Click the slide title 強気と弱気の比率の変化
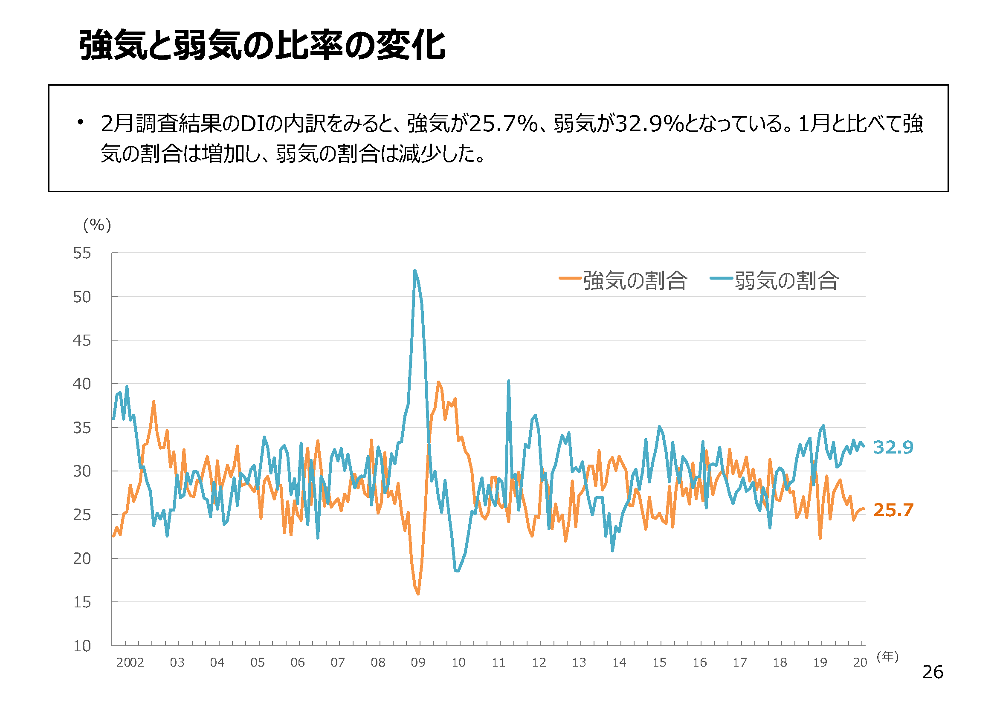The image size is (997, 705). [262, 45]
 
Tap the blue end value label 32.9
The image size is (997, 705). [893, 447]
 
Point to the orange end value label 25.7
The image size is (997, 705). [893, 510]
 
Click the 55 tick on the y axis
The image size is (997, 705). [82, 253]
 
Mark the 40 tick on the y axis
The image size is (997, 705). [82, 384]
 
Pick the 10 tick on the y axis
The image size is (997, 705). [82, 646]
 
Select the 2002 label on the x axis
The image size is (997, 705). [130, 662]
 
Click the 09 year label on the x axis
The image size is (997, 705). [418, 662]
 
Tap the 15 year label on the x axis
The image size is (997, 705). [659, 662]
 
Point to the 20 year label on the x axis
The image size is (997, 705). [860, 662]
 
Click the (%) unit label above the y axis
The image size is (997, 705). [97, 225]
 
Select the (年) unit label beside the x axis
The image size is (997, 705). [887, 657]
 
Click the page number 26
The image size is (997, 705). [933, 673]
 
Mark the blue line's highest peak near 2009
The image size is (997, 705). [414, 271]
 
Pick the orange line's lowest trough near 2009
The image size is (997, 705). [418, 594]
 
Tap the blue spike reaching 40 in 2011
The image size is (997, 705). [508, 381]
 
